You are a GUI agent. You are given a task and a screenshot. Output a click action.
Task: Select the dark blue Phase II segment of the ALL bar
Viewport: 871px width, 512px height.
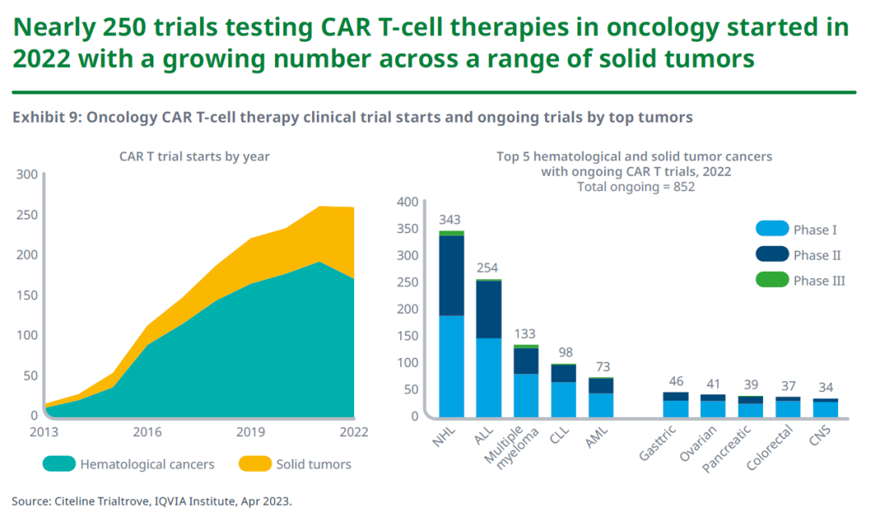[489, 309]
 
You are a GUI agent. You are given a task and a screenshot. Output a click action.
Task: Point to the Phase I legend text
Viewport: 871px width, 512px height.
[815, 230]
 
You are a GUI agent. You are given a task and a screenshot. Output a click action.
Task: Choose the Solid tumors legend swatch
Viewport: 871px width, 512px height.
[254, 464]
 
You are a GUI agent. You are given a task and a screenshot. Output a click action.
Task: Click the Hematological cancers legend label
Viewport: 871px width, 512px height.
[147, 464]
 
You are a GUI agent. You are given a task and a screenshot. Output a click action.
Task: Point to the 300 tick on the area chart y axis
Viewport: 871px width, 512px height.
[27, 174]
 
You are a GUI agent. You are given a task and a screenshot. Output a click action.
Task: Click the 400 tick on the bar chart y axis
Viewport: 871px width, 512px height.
[409, 202]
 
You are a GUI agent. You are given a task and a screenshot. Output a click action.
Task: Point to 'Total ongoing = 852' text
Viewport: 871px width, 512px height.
[636, 186]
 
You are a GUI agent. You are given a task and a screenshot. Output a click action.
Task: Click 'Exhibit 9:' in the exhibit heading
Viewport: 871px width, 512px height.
[45, 118]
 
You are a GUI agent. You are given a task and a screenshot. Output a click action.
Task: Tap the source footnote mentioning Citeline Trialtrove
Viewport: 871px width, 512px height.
[152, 501]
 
